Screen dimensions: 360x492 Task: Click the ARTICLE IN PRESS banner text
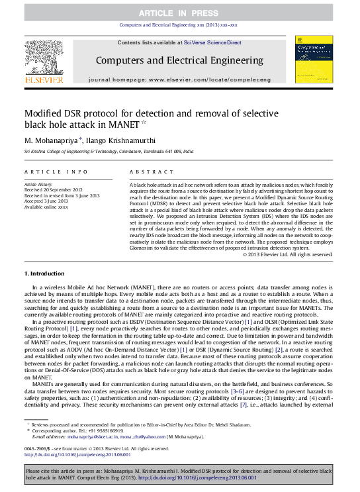180,13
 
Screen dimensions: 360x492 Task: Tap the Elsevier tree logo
44,59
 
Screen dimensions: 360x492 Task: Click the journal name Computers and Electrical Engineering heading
179,60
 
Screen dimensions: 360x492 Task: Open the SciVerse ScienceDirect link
217,43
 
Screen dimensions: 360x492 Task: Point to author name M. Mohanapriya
52,140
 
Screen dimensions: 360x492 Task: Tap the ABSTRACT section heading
146,171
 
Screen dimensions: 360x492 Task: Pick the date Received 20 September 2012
54,189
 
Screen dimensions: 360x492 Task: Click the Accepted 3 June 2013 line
45,201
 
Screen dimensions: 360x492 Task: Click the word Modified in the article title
44,113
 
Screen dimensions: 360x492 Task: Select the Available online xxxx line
46,207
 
